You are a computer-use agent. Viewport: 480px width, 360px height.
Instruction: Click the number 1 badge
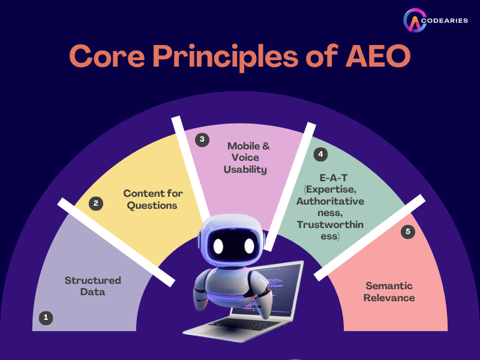pyautogui.click(x=46, y=318)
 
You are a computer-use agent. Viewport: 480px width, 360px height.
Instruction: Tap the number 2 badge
pyautogui.click(x=96, y=203)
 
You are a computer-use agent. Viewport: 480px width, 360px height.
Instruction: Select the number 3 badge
pyautogui.click(x=202, y=139)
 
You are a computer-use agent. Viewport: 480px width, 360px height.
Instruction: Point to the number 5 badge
pyautogui.click(x=408, y=232)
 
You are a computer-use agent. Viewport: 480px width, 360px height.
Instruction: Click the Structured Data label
pyautogui.click(x=93, y=286)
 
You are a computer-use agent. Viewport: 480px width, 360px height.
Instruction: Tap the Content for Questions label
pyautogui.click(x=153, y=199)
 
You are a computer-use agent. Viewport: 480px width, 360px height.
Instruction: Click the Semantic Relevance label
pyautogui.click(x=389, y=292)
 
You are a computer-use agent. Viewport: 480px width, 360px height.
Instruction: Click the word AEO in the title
pyautogui.click(x=373, y=56)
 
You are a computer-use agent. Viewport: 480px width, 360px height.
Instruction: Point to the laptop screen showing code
pyautogui.click(x=282, y=288)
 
